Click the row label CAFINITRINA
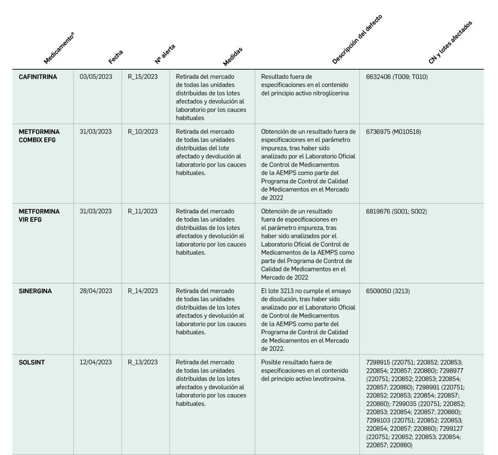(37, 76)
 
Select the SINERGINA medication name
(35, 291)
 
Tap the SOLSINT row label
(32, 362)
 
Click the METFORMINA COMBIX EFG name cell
(39, 135)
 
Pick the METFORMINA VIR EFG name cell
(39, 215)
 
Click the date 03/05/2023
(96, 76)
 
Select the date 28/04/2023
(96, 291)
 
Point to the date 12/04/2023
(96, 362)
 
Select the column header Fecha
(116, 57)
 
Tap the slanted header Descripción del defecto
(357, 40)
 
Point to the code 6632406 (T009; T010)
(396, 76)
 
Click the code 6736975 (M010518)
(393, 132)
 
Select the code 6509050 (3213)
(389, 291)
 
